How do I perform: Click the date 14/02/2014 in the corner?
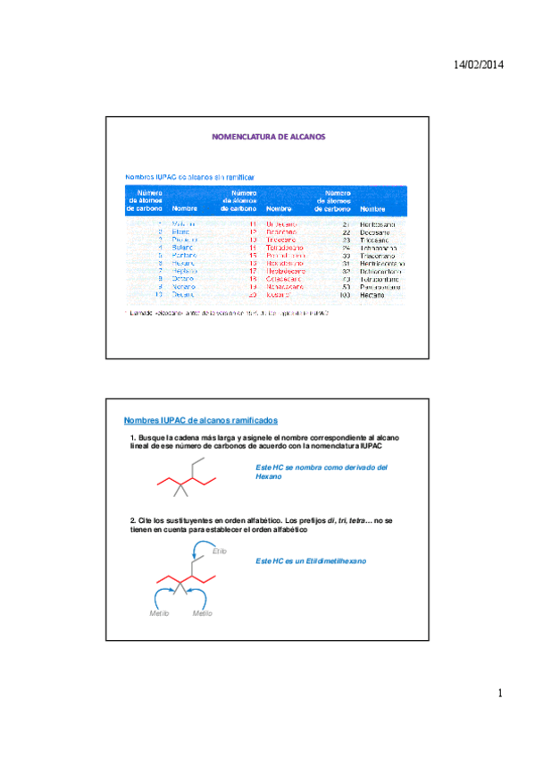coord(480,65)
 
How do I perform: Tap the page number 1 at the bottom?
coord(501,694)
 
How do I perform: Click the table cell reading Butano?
coord(183,247)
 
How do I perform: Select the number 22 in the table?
coord(345,232)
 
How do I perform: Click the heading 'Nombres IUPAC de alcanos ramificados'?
coord(200,419)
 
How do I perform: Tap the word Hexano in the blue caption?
coord(268,477)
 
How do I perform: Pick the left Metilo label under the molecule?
coord(160,614)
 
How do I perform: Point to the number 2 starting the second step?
coord(132,519)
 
